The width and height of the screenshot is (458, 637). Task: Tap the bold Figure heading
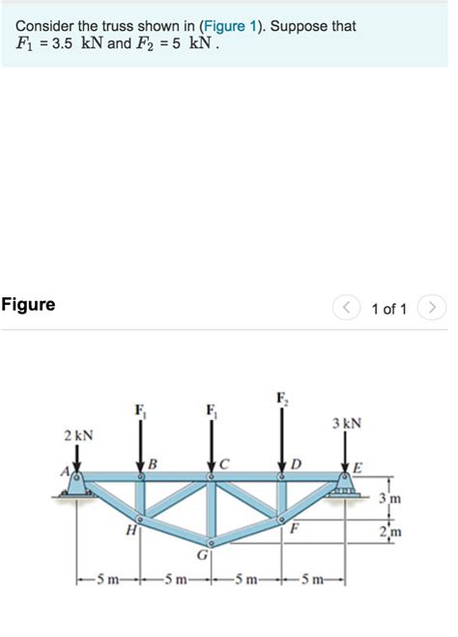[29, 305]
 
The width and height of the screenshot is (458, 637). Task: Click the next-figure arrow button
[434, 308]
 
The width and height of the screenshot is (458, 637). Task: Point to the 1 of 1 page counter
[389, 309]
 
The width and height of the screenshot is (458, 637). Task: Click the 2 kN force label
[78, 435]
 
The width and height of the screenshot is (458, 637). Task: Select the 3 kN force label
[347, 423]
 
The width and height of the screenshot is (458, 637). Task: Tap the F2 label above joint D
[281, 398]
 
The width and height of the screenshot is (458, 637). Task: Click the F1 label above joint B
[143, 411]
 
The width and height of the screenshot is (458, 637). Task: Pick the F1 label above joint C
[212, 411]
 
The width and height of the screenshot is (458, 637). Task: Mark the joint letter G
[202, 556]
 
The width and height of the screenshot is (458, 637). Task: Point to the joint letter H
[129, 530]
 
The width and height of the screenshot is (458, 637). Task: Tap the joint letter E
[358, 468]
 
